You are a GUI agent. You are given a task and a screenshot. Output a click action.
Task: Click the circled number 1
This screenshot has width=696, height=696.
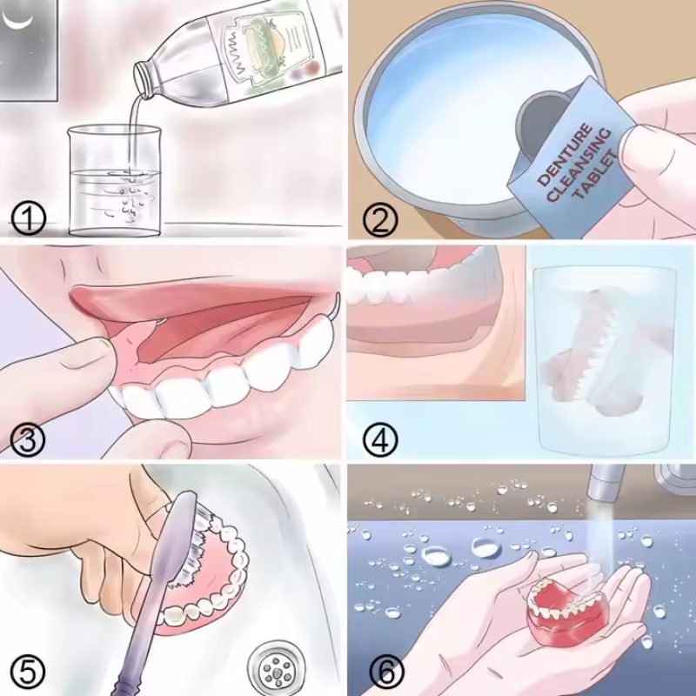tap(30, 217)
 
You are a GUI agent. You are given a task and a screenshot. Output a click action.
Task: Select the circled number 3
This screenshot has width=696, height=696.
tap(30, 441)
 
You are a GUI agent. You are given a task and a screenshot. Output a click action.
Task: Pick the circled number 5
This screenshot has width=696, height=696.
tap(30, 672)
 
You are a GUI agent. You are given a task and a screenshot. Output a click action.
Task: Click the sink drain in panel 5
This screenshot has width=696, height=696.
tap(278, 666)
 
